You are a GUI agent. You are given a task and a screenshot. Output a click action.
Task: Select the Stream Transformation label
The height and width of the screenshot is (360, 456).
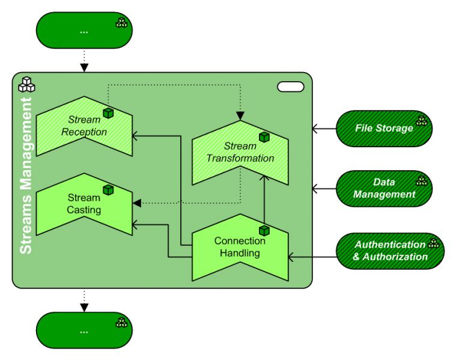pyautogui.click(x=240, y=153)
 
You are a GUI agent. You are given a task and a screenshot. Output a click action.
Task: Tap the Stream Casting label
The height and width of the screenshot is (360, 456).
pyautogui.click(x=84, y=204)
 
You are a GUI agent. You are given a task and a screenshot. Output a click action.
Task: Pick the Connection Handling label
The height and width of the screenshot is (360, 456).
pyautogui.click(x=240, y=247)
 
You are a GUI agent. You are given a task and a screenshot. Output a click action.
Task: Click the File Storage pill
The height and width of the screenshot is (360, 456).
pyautogui.click(x=384, y=128)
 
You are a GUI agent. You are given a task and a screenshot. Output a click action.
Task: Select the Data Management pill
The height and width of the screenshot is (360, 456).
pyautogui.click(x=384, y=188)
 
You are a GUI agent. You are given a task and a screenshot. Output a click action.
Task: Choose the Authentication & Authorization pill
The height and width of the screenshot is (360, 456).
pyautogui.click(x=390, y=251)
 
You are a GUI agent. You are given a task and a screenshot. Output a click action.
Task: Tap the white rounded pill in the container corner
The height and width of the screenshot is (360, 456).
pyautogui.click(x=290, y=87)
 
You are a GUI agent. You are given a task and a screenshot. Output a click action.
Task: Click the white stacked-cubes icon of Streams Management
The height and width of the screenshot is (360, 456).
pyautogui.click(x=26, y=84)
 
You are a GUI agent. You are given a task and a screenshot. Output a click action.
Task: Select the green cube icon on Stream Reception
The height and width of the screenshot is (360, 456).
pyautogui.click(x=108, y=113)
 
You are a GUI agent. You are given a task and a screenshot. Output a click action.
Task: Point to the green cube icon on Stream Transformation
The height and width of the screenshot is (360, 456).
pyautogui.click(x=264, y=138)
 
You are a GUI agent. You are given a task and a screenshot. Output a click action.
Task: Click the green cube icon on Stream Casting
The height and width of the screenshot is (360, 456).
pyautogui.click(x=108, y=190)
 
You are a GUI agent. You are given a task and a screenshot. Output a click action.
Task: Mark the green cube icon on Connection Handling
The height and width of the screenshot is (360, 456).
pyautogui.click(x=264, y=230)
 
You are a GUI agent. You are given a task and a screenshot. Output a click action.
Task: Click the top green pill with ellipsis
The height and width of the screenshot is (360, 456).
pyautogui.click(x=84, y=30)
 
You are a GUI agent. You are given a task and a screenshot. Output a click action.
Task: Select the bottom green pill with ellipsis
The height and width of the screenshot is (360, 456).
pyautogui.click(x=84, y=330)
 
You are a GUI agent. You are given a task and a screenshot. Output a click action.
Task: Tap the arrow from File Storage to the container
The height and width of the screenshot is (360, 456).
pyautogui.click(x=324, y=129)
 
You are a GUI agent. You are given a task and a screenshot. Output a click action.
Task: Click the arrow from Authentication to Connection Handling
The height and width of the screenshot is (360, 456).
pyautogui.click(x=312, y=257)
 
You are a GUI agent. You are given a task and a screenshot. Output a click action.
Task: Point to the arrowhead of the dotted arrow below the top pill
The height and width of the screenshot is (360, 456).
pyautogui.click(x=84, y=67)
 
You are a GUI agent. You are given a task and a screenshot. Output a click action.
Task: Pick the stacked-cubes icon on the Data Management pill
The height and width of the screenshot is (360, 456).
pyautogui.click(x=421, y=181)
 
